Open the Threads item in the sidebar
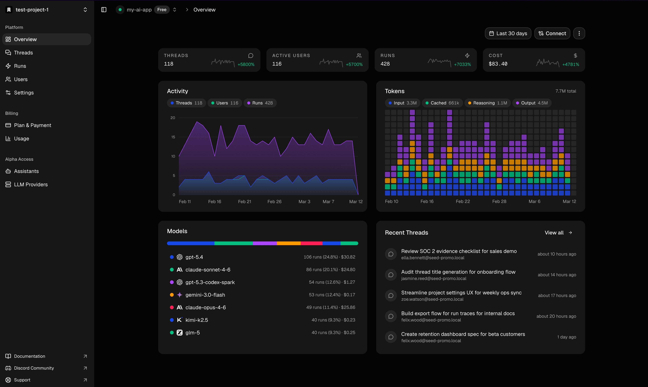23,53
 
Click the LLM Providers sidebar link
31,184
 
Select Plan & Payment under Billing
32,125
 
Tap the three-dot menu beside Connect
579,33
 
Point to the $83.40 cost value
498,64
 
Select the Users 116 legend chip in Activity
224,103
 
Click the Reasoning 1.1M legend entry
487,103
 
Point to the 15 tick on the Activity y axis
173,137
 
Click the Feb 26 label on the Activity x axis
274,202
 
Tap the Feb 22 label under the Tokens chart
462,201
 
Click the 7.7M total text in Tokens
566,91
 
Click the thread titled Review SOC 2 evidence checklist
459,251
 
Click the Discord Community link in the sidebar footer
34,368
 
